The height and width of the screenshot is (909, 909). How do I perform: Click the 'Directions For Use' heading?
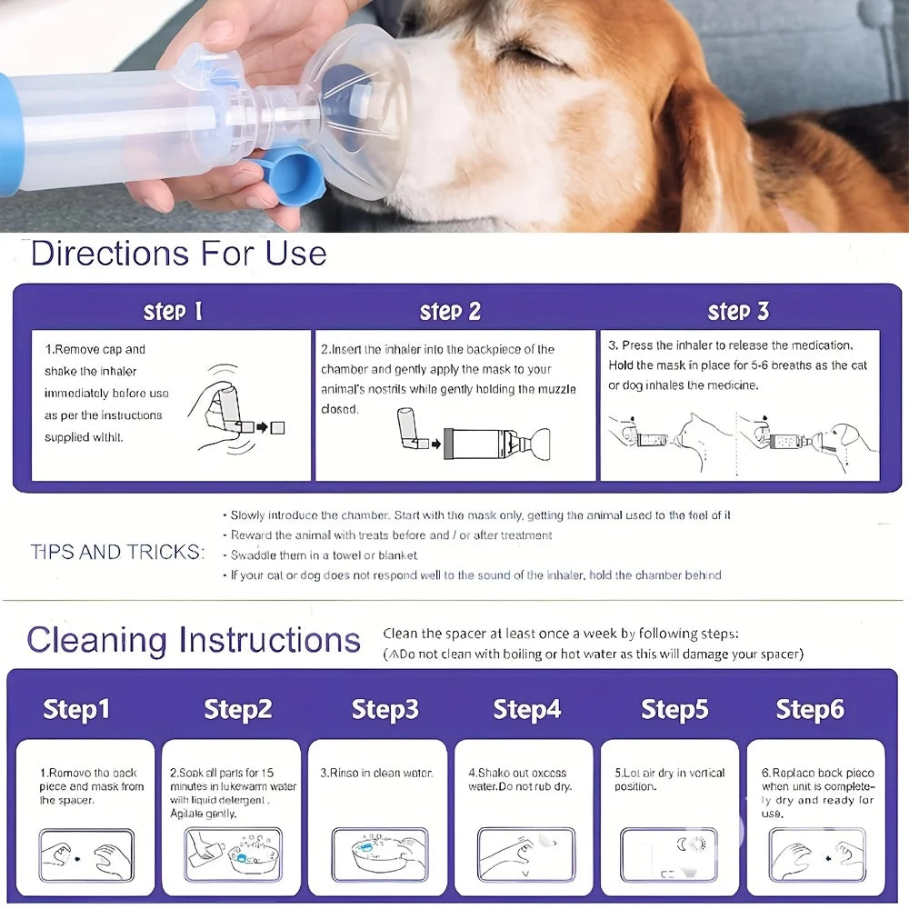[x=178, y=253]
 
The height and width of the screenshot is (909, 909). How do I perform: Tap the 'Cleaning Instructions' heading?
[x=194, y=640]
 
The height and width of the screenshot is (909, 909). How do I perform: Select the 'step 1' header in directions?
[x=173, y=312]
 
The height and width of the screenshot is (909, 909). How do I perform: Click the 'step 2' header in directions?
[x=450, y=312]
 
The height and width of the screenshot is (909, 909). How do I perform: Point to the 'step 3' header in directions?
[x=738, y=312]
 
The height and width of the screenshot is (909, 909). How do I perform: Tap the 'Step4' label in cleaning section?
[x=527, y=709]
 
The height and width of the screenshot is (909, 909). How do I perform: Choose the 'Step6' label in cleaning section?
[x=810, y=709]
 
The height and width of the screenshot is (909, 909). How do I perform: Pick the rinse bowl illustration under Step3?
[x=379, y=854]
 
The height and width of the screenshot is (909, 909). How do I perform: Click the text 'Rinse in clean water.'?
[x=377, y=774]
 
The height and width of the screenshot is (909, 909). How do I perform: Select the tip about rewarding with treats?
[x=391, y=535]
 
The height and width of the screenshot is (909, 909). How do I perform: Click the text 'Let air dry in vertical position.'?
[x=669, y=779]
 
